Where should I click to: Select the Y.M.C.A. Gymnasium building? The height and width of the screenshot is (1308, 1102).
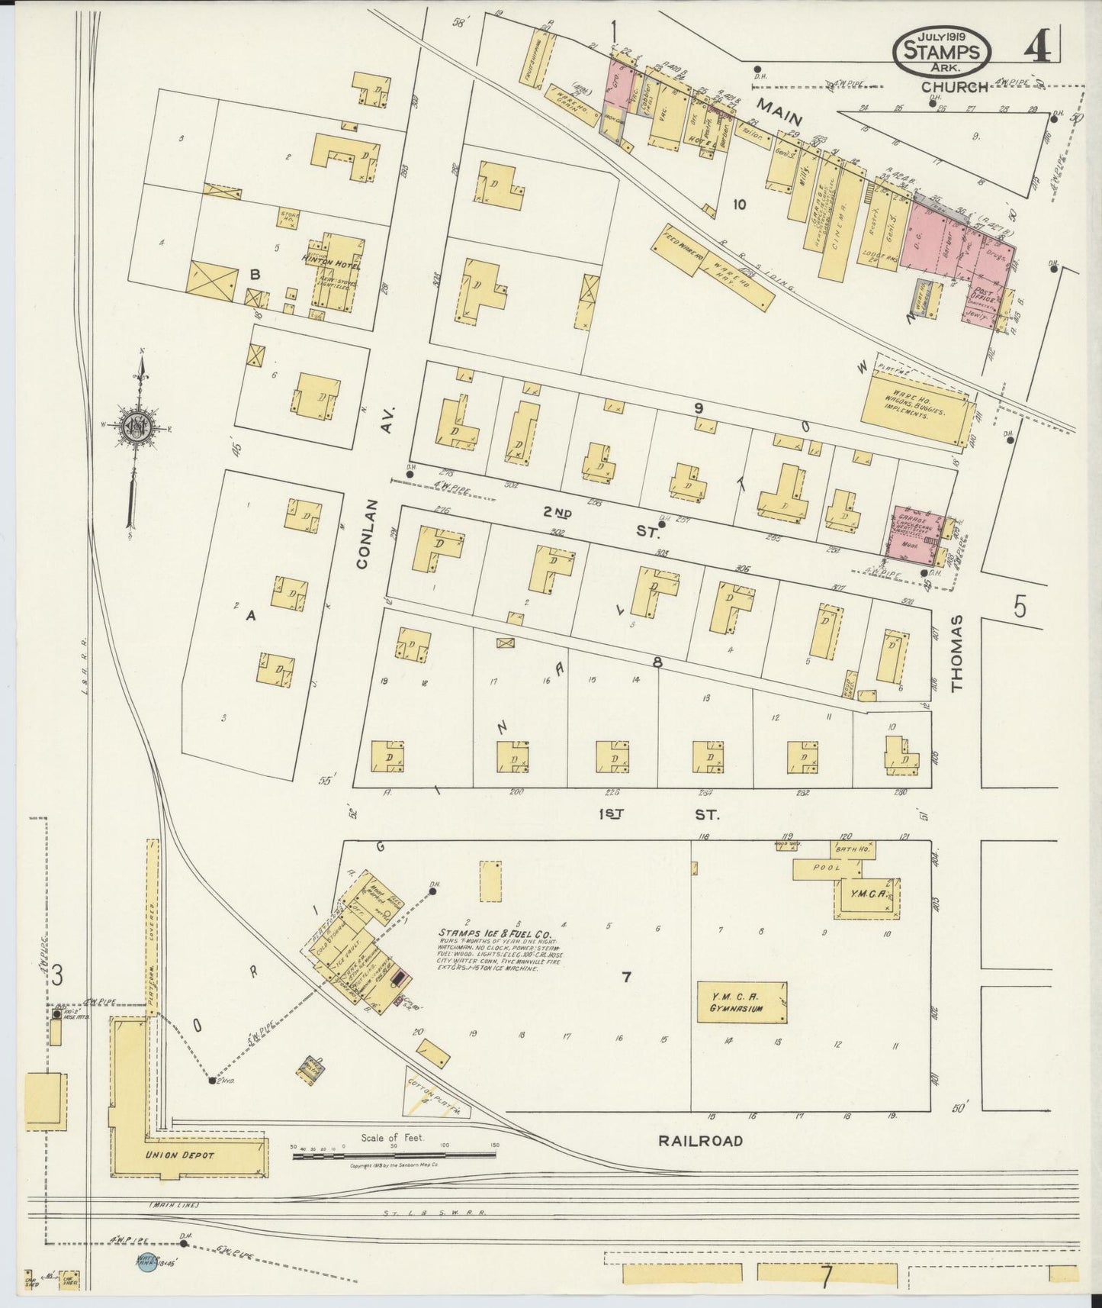[x=743, y=1002]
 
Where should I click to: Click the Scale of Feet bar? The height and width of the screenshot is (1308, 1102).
[x=394, y=1155]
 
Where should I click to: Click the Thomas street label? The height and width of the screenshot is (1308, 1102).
[x=958, y=653]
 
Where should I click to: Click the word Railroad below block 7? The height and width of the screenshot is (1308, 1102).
[x=699, y=1142]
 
